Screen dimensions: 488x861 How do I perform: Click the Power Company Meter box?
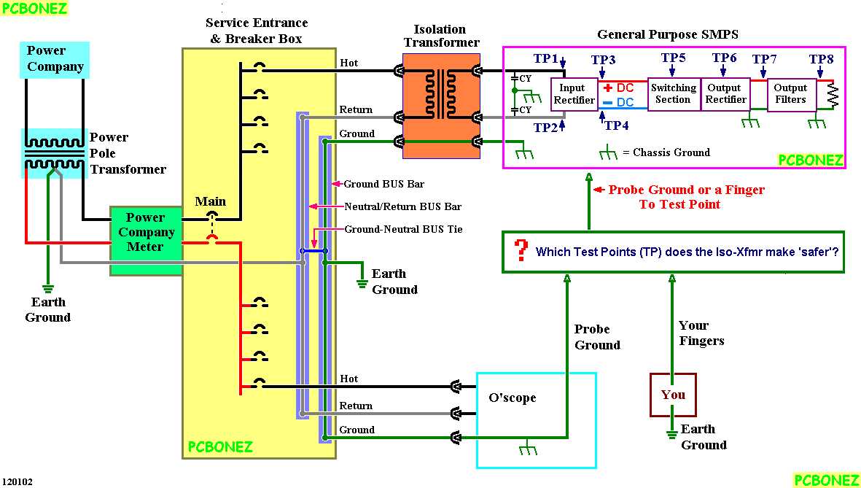pyautogui.click(x=146, y=233)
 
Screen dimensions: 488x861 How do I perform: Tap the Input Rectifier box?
pyautogui.click(x=574, y=94)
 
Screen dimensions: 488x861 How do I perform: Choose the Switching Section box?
pyautogui.click(x=673, y=93)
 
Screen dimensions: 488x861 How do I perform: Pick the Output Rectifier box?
pyautogui.click(x=725, y=93)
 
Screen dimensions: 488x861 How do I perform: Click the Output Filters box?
pyautogui.click(x=790, y=94)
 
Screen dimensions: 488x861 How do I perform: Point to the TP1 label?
pyautogui.click(x=546, y=58)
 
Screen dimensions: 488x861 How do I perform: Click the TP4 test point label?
pyautogui.click(x=616, y=125)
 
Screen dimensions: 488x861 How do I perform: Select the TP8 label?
pyautogui.click(x=821, y=59)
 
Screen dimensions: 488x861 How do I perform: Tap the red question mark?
pyautogui.click(x=521, y=251)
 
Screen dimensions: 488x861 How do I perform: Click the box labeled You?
pyautogui.click(x=673, y=395)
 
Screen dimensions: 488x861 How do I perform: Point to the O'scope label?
pyautogui.click(x=512, y=398)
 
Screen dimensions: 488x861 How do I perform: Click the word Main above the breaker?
pyautogui.click(x=211, y=201)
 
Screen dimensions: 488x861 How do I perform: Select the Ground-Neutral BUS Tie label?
pyautogui.click(x=403, y=229)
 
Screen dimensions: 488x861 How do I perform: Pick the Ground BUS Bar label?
pyautogui.click(x=383, y=184)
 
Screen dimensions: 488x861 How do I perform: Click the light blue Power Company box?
pyautogui.click(x=55, y=59)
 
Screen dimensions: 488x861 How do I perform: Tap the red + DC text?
pyautogui.click(x=619, y=88)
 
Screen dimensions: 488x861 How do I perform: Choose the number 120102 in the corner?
pyautogui.click(x=17, y=481)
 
